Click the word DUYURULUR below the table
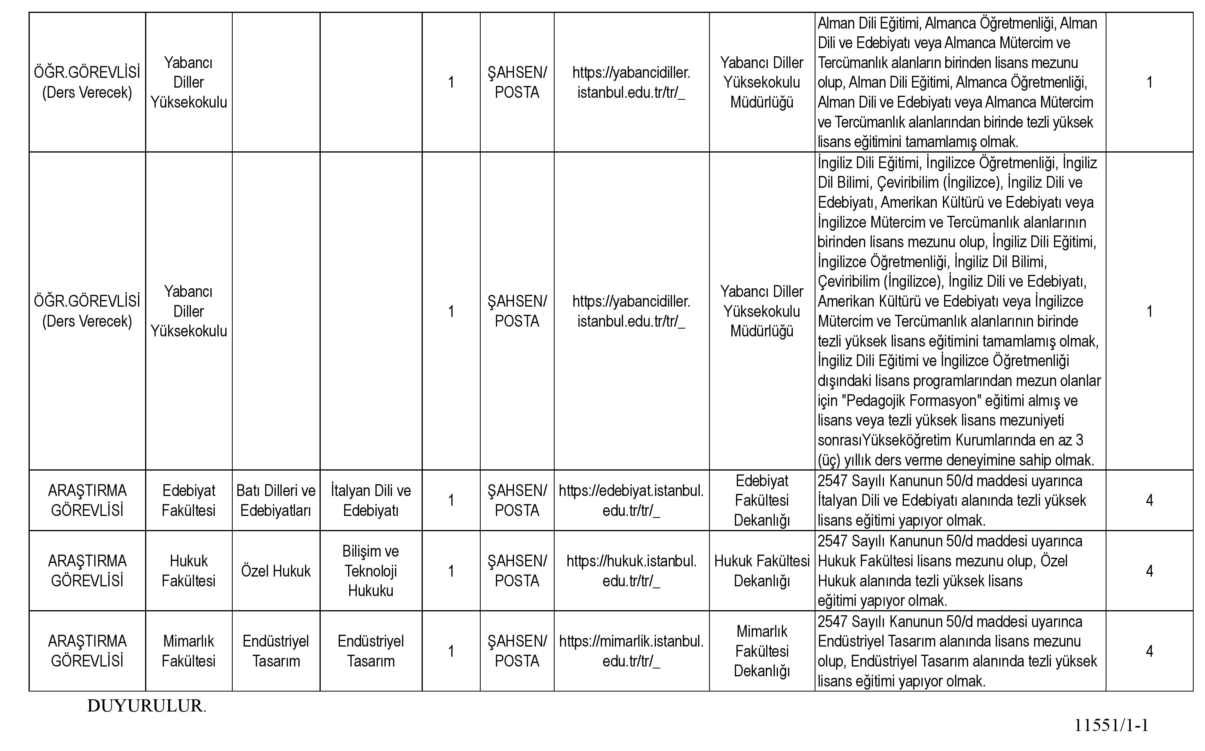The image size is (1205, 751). pos(146,706)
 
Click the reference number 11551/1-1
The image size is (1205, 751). pos(1111,725)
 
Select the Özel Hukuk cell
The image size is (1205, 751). pos(276,571)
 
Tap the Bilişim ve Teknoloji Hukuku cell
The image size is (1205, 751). pos(370,571)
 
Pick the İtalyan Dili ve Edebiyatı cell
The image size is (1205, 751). pos(370,501)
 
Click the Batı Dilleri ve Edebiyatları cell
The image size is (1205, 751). pos(276,501)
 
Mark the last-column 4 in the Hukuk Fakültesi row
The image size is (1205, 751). pos(1149,571)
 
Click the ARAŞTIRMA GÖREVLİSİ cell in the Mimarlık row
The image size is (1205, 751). pos(87,651)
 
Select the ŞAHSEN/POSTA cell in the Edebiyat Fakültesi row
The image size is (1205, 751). pos(517,501)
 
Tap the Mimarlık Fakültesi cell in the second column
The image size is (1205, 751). pos(189,651)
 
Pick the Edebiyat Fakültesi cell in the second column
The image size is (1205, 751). pos(189,501)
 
